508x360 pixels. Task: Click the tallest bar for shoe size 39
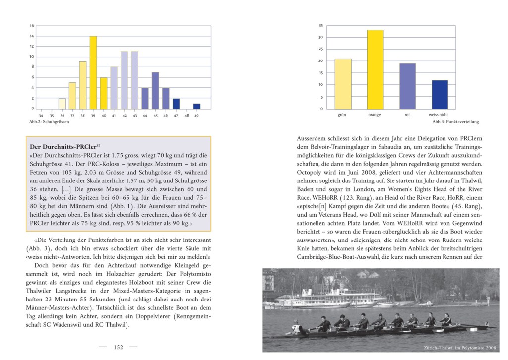(x=93, y=72)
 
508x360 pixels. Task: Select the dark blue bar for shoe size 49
(x=197, y=106)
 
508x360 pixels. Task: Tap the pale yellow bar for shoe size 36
(x=62, y=104)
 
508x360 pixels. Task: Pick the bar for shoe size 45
(x=155, y=91)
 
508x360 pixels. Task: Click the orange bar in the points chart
(x=375, y=69)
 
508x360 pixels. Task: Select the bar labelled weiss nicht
(x=440, y=94)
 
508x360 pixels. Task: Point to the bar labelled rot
(x=407, y=86)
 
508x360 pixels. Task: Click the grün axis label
(x=342, y=115)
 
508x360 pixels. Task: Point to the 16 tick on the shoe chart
(x=32, y=26)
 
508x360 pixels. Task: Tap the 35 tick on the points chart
(x=321, y=26)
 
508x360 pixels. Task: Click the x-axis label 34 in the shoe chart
(x=41, y=115)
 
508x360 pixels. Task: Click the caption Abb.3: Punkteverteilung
(x=455, y=122)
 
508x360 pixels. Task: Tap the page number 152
(x=118, y=348)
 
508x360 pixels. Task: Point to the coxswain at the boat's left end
(x=297, y=328)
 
